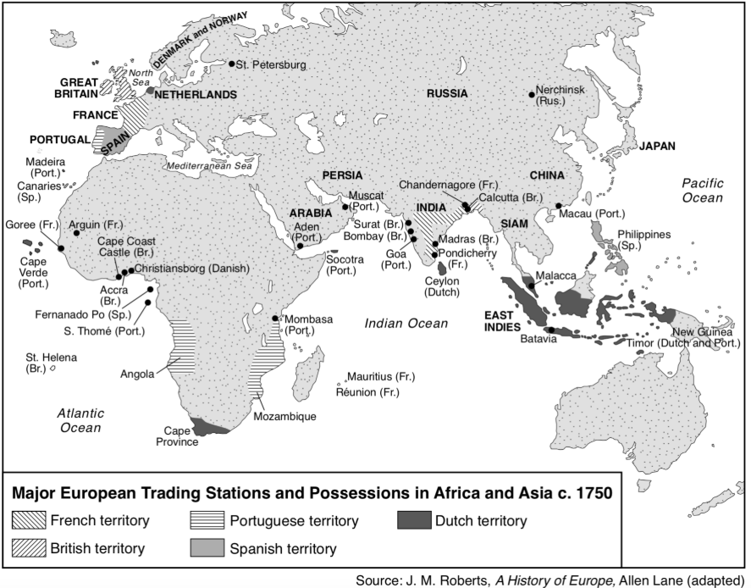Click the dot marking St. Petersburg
232,64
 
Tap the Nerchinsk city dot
532,95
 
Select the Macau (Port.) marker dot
559,205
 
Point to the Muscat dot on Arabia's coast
345,206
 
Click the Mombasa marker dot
276,319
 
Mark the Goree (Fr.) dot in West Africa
61,247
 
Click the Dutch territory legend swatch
414,520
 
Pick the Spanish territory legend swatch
207,548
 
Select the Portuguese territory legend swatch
207,520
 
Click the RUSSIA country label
447,93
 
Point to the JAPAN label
657,146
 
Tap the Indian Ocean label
406,322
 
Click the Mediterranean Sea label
210,167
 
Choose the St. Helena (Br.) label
51,363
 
